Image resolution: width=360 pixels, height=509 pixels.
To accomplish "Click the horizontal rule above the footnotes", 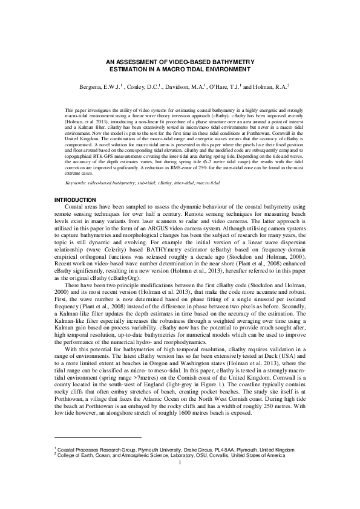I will tap(97, 454).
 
